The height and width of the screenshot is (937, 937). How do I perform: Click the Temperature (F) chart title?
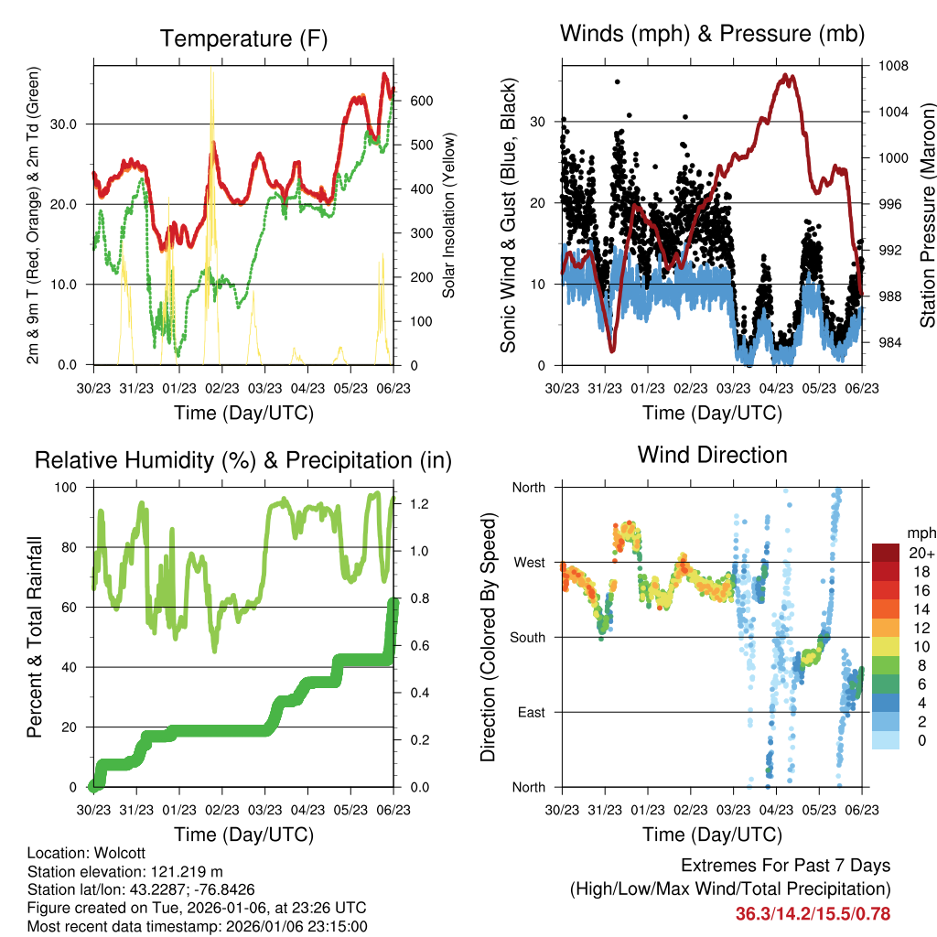[x=243, y=38]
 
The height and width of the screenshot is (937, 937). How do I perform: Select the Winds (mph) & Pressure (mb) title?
[x=712, y=35]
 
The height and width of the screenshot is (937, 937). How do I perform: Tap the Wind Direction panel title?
[x=712, y=454]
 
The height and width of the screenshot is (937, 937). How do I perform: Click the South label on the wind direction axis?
[x=528, y=637]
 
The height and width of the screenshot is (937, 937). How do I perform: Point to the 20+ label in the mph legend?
[x=921, y=553]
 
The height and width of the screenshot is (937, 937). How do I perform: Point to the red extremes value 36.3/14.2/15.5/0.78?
[x=813, y=913]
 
